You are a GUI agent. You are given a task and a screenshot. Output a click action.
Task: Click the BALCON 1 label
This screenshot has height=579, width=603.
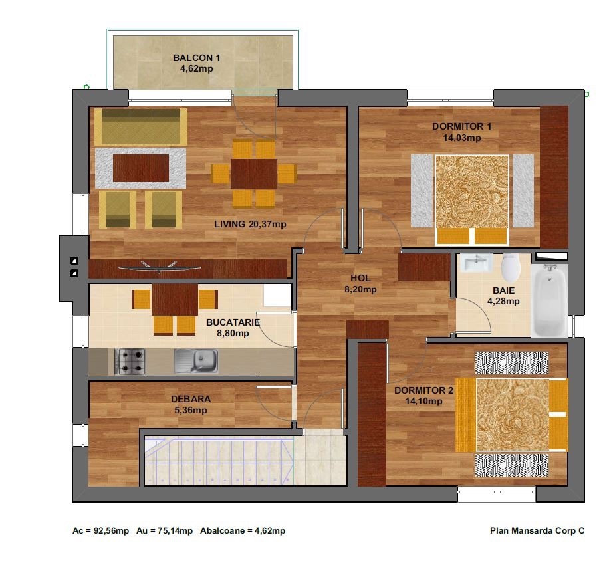point(197,58)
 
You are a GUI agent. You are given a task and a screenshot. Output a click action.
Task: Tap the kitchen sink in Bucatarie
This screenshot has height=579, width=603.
point(196,361)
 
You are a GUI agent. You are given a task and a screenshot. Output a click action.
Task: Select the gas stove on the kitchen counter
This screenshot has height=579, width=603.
point(130,362)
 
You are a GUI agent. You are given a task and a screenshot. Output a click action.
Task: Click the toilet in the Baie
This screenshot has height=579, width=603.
point(511,268)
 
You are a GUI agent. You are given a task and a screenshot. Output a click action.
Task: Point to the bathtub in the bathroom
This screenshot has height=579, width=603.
point(550,300)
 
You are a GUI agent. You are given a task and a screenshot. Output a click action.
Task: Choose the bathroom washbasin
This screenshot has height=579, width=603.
point(477,263)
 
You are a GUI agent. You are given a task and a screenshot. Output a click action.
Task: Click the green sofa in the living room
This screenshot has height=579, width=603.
point(141,127)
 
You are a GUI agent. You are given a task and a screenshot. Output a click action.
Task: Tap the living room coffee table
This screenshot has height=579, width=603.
point(141,168)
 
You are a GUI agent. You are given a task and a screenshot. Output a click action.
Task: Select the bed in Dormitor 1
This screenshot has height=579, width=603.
point(472,199)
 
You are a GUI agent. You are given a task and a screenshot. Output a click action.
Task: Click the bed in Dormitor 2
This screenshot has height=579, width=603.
point(512,414)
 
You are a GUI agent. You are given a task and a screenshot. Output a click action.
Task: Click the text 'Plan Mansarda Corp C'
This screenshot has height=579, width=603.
point(537,531)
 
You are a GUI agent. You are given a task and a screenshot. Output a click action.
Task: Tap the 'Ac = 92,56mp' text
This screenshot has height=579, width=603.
point(101,531)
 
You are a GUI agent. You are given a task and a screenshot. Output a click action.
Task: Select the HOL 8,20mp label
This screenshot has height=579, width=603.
point(360,284)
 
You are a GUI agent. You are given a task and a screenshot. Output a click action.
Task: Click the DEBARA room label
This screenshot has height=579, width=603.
point(191,399)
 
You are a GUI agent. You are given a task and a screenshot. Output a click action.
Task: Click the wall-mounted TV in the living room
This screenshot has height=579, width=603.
point(160,267)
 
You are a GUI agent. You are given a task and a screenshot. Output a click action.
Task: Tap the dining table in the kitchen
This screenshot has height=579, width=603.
point(175,300)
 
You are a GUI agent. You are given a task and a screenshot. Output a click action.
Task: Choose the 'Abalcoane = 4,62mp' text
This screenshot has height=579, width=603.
point(243,531)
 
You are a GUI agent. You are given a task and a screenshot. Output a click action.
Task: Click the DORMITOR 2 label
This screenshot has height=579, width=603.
point(423,390)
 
